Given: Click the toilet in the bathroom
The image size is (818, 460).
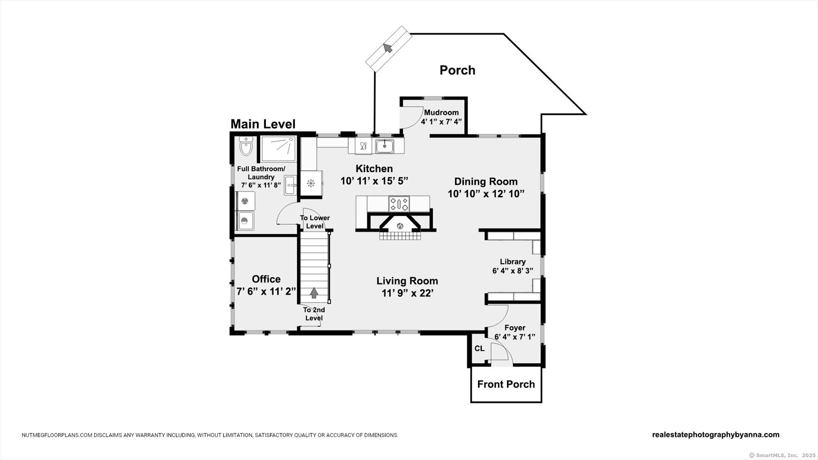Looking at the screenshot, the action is [246, 146].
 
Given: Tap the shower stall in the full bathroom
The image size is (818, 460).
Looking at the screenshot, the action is [279, 149].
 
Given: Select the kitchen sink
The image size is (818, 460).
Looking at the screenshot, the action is [384, 146].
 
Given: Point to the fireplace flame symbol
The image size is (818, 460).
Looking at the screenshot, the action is [400, 226].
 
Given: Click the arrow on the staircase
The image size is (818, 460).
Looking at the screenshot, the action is [314, 292].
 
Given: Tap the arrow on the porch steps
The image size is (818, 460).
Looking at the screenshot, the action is [388, 48].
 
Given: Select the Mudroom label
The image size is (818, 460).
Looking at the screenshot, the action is [441, 112].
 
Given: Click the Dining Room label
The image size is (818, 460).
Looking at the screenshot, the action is [486, 182].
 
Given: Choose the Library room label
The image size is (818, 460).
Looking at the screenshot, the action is [512, 262].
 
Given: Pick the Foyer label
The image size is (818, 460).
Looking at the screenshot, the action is [515, 328].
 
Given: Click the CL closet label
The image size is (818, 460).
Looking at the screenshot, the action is [479, 348].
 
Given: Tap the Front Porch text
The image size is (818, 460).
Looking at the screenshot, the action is [506, 384].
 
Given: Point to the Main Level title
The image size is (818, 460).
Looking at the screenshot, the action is [263, 124].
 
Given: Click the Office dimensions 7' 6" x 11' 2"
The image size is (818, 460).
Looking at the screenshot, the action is [266, 292].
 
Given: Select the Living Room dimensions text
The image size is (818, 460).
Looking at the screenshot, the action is [407, 293].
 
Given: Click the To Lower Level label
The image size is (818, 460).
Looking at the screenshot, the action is [315, 222].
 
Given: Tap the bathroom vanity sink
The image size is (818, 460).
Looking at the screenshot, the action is [291, 185].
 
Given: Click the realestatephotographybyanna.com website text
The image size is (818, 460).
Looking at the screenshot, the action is [716, 435].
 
